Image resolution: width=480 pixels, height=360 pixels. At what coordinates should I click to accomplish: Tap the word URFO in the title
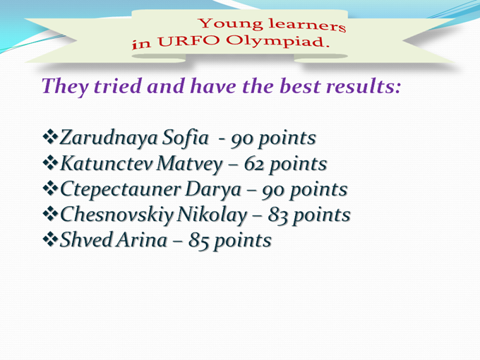point(188,42)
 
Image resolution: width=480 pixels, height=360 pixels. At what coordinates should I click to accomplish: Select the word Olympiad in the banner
point(278,42)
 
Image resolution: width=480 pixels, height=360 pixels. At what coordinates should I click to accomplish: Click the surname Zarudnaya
point(109,138)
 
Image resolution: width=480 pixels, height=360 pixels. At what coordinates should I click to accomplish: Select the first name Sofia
point(185,137)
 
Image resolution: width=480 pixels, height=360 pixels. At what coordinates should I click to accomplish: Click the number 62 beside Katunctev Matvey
point(254,164)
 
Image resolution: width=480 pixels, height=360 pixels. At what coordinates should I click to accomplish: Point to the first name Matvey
point(189,164)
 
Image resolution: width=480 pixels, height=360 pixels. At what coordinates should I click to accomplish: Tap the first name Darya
point(213,190)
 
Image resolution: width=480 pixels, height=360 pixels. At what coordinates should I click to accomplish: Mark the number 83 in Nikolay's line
point(278,215)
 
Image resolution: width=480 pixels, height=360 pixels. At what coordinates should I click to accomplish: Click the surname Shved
point(86,240)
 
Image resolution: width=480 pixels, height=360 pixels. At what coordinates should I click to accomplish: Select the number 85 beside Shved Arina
point(198,241)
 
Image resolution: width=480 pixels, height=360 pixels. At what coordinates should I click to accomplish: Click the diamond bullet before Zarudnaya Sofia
point(50,136)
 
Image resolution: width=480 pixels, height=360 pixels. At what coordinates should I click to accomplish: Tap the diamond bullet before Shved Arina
point(50,239)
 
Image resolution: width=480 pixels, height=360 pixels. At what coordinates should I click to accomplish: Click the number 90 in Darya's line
point(272,191)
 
